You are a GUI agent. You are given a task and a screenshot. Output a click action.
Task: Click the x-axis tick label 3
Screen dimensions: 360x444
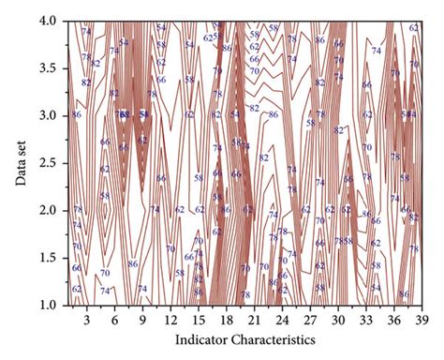tap(86, 321)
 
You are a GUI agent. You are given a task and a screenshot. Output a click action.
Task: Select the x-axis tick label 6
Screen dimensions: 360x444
tap(114, 321)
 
